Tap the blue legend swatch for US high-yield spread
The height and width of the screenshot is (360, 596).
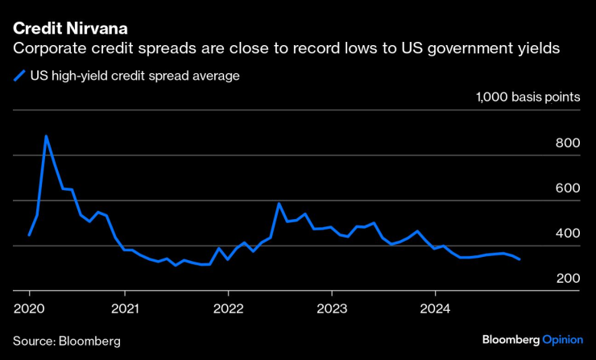19,77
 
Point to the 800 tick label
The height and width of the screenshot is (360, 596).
567,143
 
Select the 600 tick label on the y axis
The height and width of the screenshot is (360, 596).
567,188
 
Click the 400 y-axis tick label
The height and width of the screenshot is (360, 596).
567,233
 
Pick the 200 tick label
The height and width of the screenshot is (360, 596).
567,278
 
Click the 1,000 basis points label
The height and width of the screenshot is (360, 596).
528,97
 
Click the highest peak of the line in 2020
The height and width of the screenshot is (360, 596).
46,136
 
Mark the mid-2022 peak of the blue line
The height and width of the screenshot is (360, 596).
279,204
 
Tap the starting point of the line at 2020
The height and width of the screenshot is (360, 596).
29,234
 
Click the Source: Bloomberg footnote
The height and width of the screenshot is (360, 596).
66,341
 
